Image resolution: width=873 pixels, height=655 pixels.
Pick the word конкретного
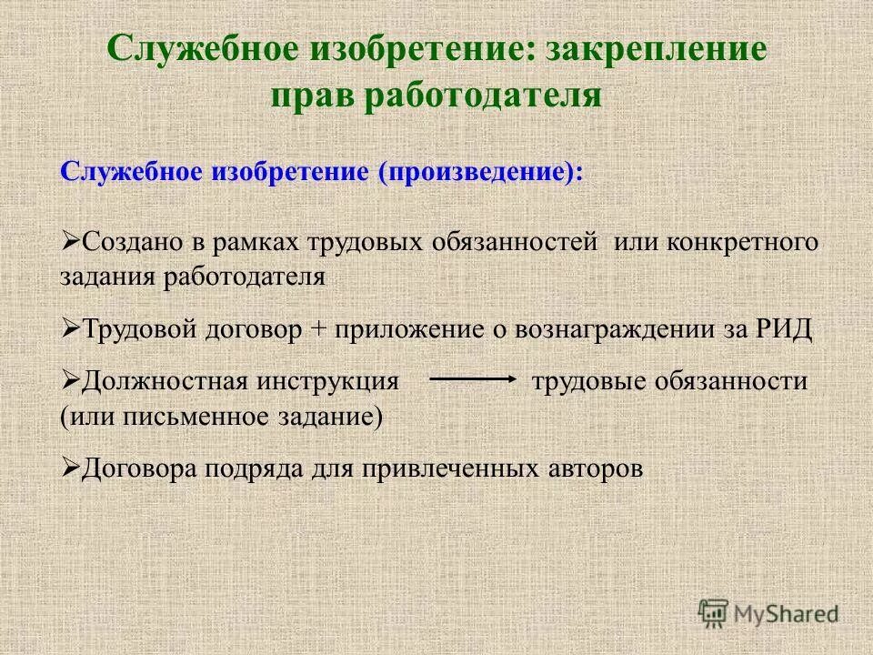pyautogui.click(x=744, y=244)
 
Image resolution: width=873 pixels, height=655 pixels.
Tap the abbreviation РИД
pyautogui.click(x=781, y=329)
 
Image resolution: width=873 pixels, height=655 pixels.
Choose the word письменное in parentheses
pyautogui.click(x=186, y=417)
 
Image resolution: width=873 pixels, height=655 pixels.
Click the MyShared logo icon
pyautogui.click(x=714, y=614)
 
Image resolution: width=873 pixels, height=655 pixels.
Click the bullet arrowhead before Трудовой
pyautogui.click(x=71, y=328)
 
